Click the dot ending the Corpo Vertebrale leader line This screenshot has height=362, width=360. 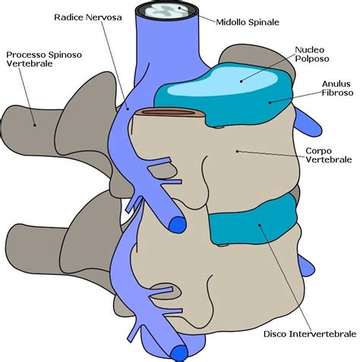click(238, 150)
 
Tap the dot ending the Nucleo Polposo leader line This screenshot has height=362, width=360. click(242, 78)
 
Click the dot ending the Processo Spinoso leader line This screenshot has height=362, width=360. click(34, 125)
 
